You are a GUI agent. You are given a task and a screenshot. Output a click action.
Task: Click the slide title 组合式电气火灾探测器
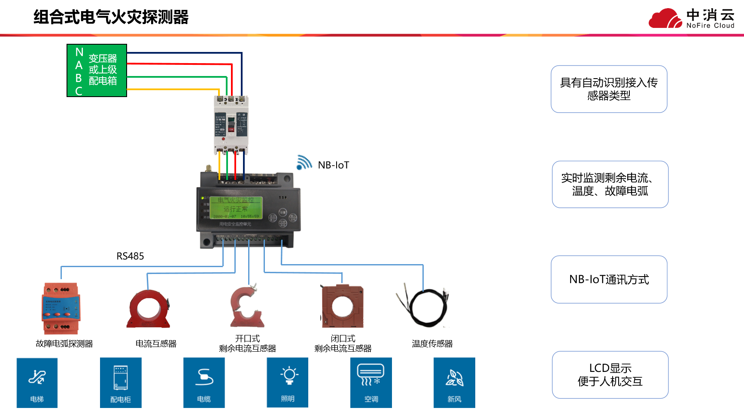pos(111,17)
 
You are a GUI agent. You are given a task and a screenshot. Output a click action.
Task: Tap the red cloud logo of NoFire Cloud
pos(665,18)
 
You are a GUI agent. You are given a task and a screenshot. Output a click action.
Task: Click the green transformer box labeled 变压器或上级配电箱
pos(97,70)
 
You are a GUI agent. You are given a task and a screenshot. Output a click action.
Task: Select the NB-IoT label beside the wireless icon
pos(334,165)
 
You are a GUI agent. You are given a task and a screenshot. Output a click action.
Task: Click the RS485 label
pos(130,256)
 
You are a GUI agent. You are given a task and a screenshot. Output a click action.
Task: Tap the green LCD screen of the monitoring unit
pos(236,208)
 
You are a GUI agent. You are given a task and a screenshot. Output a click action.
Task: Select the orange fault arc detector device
pos(61,308)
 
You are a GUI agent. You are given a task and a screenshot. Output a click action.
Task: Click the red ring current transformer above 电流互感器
pos(149,309)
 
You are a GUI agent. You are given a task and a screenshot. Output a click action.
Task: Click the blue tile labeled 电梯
pos(37,382)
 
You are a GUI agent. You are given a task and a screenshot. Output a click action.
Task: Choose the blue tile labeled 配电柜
pos(121,382)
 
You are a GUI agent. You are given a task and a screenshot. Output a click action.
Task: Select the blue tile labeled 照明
pos(287,382)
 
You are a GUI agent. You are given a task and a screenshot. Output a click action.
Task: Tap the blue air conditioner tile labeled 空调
pos(371,382)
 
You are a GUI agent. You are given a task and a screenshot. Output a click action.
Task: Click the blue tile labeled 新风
pos(454,382)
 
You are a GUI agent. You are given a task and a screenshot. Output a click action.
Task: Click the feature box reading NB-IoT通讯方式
pos(609,280)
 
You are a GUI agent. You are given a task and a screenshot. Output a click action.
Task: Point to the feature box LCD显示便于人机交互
pos(610,375)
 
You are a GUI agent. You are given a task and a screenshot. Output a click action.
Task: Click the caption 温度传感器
pos(432,344)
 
